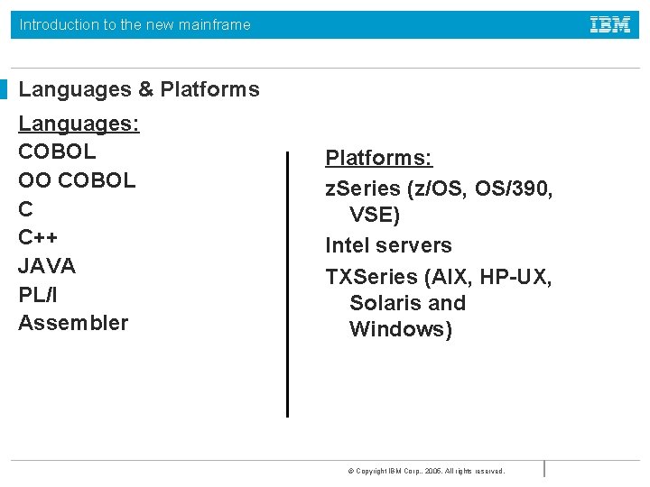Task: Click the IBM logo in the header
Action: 610,24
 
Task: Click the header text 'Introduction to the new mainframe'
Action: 135,24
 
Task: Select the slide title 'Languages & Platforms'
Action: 139,89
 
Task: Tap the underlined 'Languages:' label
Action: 79,123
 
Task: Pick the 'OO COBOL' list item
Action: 77,180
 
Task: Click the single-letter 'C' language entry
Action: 25,209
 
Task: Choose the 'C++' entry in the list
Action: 38,237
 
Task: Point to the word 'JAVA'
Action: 47,266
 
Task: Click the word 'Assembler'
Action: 73,323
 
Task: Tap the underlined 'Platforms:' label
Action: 379,159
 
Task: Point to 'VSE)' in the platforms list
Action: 375,216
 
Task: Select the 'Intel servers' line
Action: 388,245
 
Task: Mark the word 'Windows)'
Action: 401,329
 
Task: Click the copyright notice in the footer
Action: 426,471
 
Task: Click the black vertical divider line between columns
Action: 287,284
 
